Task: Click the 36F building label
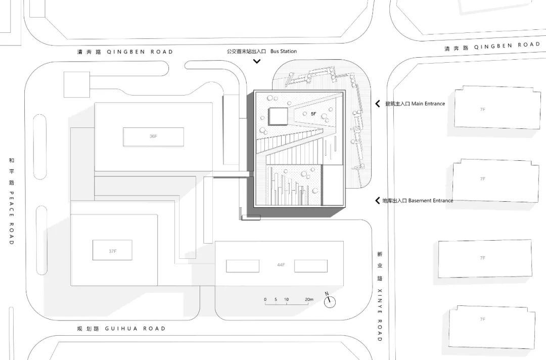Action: (x=153, y=136)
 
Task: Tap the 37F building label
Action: (x=112, y=250)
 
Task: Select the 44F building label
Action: (x=281, y=265)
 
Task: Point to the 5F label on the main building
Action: (x=313, y=114)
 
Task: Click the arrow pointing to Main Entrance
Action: (x=377, y=104)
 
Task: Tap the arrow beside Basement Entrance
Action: (x=377, y=201)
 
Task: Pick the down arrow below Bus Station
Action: (x=257, y=61)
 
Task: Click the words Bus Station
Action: (x=284, y=51)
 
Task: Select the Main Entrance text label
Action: (x=428, y=104)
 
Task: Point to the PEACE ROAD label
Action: (x=11, y=217)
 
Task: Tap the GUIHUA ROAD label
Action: (x=135, y=329)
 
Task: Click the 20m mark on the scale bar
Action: (x=308, y=300)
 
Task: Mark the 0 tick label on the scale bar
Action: (x=265, y=300)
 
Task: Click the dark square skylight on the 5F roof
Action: (x=278, y=116)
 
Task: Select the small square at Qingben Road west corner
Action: (x=77, y=84)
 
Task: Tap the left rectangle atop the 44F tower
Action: (x=242, y=266)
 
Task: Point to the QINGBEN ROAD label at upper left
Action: (x=140, y=52)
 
